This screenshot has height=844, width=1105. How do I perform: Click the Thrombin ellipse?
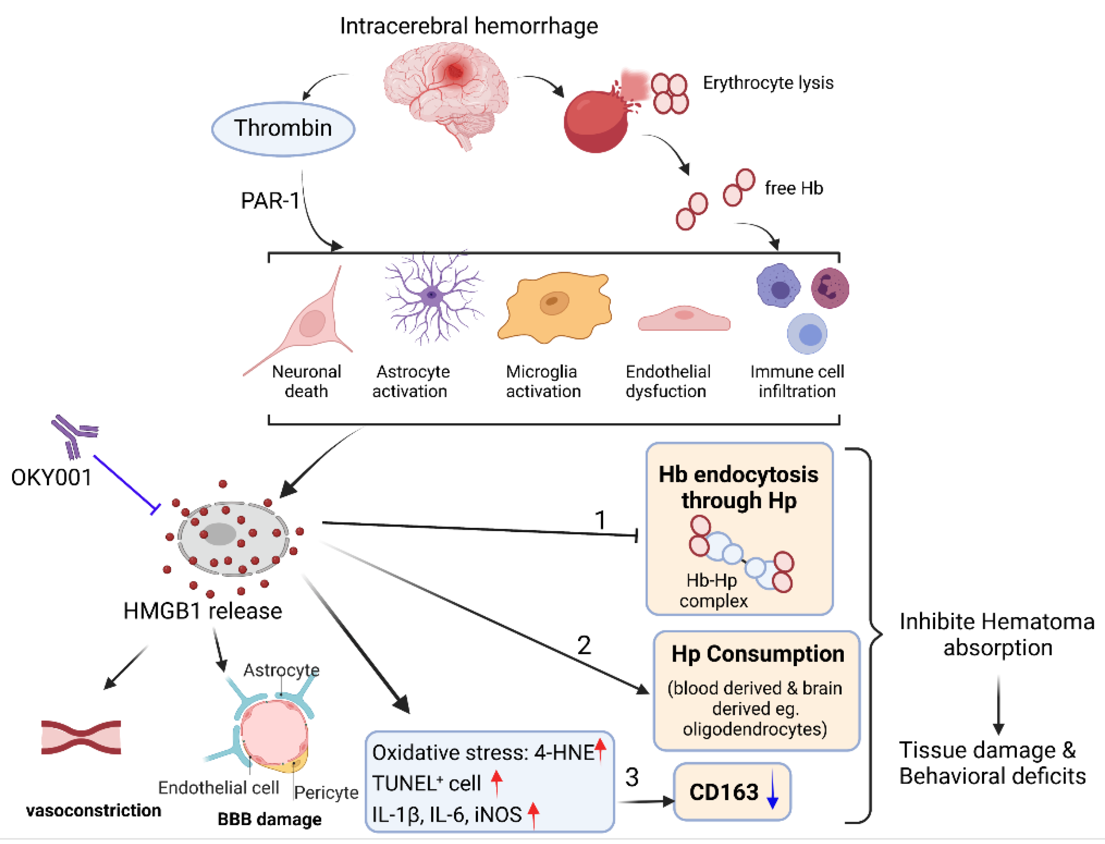pyautogui.click(x=283, y=129)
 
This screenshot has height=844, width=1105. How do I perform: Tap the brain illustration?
pyautogui.click(x=446, y=93)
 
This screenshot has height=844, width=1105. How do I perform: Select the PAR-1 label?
pyautogui.click(x=270, y=201)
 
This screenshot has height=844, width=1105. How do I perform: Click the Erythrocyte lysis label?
pyautogui.click(x=768, y=83)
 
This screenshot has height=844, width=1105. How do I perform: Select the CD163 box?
pyautogui.click(x=731, y=792)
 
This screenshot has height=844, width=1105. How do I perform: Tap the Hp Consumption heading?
pyautogui.click(x=757, y=654)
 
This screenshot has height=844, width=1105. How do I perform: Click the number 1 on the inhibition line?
pyautogui.click(x=600, y=520)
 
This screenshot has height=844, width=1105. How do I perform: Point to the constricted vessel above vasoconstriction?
pyautogui.click(x=81, y=737)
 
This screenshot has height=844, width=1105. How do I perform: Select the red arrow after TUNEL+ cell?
pyautogui.click(x=496, y=783)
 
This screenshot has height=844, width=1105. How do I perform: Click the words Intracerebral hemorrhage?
pyautogui.click(x=469, y=26)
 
